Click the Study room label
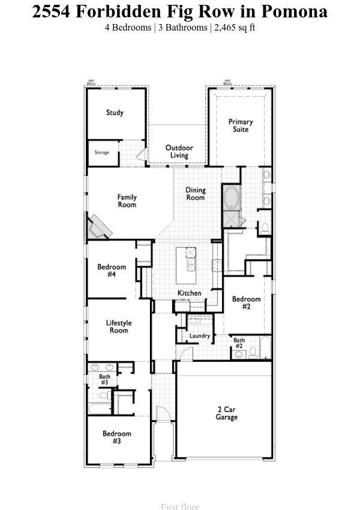pyautogui.click(x=115, y=113)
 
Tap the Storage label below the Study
pyautogui.click(x=102, y=152)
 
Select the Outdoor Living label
pyautogui.click(x=179, y=151)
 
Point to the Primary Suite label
pyautogui.click(x=241, y=125)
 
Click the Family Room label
pyautogui.click(x=127, y=201)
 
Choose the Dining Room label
pyautogui.click(x=195, y=194)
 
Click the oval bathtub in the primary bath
pyautogui.click(x=230, y=197)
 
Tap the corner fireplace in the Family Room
pyautogui.click(x=100, y=226)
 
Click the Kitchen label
pyautogui.click(x=189, y=293)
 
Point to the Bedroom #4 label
pyautogui.click(x=112, y=271)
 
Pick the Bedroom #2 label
pyautogui.click(x=246, y=302)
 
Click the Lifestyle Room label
pyautogui.click(x=119, y=327)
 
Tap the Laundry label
pyautogui.click(x=199, y=336)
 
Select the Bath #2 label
pyautogui.click(x=239, y=343)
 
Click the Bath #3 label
pyautogui.click(x=104, y=380)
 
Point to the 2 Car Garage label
pyautogui.click(x=227, y=413)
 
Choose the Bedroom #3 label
pyautogui.click(x=116, y=437)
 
